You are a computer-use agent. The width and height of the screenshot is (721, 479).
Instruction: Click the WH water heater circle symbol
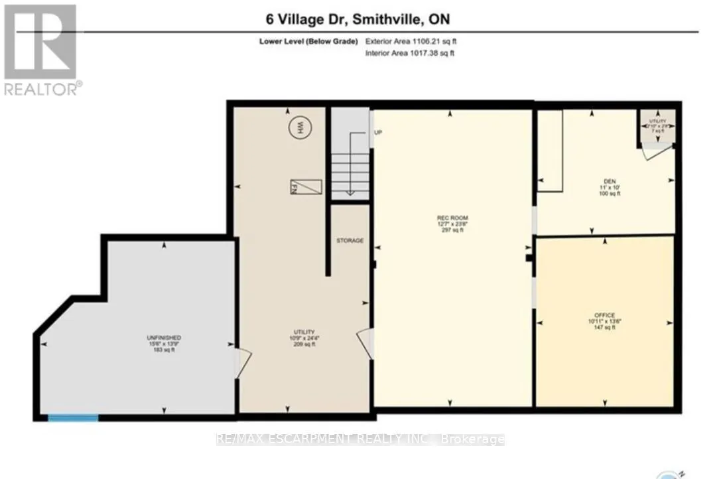(x=298, y=126)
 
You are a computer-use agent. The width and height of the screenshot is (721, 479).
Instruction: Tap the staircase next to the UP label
(x=350, y=165)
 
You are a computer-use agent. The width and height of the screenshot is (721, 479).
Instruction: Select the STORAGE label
(x=350, y=240)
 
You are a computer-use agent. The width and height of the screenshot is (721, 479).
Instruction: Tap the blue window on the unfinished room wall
(x=73, y=417)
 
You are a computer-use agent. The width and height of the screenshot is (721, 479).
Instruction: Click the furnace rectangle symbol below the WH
(x=305, y=187)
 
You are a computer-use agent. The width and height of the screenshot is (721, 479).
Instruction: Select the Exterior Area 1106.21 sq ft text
(x=410, y=42)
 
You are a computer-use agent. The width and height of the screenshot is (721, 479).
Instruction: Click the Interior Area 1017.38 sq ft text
(x=410, y=53)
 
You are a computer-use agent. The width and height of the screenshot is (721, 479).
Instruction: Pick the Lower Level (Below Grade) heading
(x=308, y=42)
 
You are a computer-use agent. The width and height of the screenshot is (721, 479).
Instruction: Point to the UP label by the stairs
(x=379, y=132)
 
